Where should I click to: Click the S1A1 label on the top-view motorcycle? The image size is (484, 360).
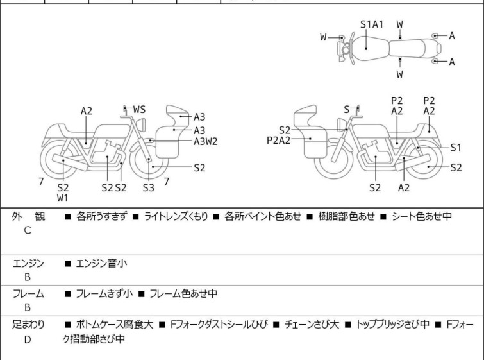pos(371,24)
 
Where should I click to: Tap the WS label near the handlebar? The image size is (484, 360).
pos(139,110)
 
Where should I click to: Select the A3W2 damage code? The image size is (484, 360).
pos(206,141)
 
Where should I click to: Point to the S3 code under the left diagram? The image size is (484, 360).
pos(149,187)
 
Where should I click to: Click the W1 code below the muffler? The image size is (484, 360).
pos(62,198)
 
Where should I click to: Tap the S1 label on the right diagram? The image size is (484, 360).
pos(456,147)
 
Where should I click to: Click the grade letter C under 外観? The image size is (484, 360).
pos(28,230)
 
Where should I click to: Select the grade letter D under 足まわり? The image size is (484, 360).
pos(28,339)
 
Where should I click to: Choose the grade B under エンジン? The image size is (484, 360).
pos(28,277)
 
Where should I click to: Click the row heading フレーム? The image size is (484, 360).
pos(28,294)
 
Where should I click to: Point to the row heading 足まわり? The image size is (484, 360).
pos(28,325)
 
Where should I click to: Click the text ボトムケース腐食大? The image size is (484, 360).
pos(114,325)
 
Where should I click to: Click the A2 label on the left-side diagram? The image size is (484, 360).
pos(87,111)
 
